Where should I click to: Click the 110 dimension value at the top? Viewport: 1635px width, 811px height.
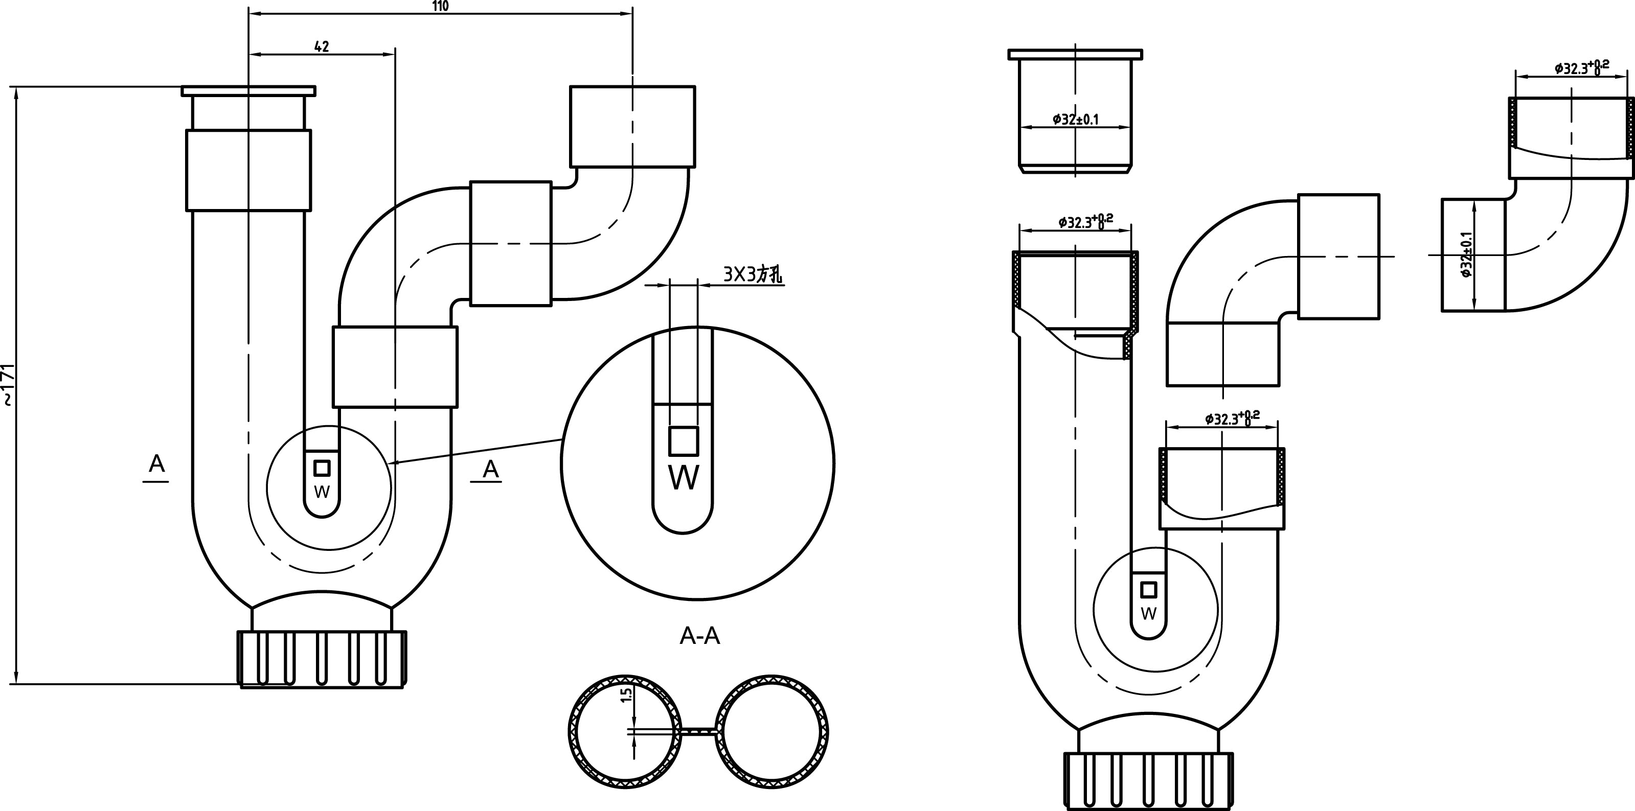coord(441,6)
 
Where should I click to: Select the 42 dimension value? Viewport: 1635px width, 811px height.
coord(322,47)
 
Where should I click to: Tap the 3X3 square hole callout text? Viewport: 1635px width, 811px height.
coord(754,275)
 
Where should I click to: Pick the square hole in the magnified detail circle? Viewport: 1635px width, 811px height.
coord(684,441)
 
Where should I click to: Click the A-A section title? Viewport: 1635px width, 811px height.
coord(700,635)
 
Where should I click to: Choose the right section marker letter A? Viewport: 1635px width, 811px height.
coord(491,469)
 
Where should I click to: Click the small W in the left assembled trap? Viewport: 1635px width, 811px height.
coord(322,492)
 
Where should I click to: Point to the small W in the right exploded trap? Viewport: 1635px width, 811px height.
coord(1149,614)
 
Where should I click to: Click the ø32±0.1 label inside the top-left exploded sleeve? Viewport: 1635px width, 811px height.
coord(1075,119)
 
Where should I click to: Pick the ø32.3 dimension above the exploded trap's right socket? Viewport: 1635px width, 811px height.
coord(1233,418)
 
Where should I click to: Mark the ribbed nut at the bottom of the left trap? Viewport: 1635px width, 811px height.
coord(322,659)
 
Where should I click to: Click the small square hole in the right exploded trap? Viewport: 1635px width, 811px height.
coord(1149,590)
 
